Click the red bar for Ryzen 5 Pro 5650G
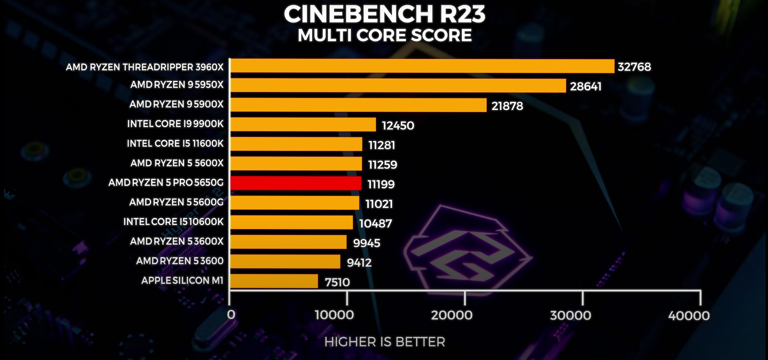tap(296, 183)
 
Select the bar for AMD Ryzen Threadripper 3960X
tap(422, 66)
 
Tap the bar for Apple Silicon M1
tap(274, 281)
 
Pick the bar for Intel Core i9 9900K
tap(303, 124)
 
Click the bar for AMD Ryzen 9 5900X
tap(358, 105)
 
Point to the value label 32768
tap(634, 67)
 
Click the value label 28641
tap(586, 86)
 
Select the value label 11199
tap(381, 184)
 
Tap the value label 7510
tap(337, 282)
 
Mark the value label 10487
tap(375, 224)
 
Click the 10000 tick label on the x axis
tap(334, 315)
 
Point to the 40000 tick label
tap(689, 316)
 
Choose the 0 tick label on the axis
tap(231, 315)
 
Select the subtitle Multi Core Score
tap(384, 35)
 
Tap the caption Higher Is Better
tap(384, 342)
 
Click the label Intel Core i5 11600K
tap(175, 144)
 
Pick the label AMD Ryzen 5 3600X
tap(177, 241)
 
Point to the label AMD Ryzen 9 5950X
tap(177, 85)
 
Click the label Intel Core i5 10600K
tap(173, 222)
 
